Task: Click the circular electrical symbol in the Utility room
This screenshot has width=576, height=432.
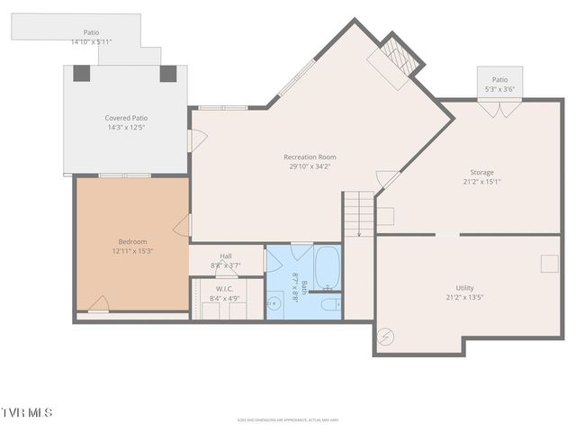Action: pos(387,336)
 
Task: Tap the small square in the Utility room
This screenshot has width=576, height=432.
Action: pos(548,263)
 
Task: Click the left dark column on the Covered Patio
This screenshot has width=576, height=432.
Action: pos(80,74)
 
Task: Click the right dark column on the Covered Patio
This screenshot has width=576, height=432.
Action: pos(168,74)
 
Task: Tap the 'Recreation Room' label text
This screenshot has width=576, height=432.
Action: pos(310,157)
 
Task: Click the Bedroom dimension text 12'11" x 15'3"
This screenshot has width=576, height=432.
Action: pos(132,251)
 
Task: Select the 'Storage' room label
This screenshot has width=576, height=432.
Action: pos(481,172)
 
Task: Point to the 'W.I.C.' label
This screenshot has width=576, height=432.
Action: pos(225,289)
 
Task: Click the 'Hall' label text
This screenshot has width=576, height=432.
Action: pos(226,256)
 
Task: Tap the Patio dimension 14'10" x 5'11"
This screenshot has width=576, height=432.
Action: pos(91,41)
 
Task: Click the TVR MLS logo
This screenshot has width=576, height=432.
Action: pos(27,412)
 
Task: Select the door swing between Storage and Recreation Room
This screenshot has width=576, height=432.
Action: pos(387,180)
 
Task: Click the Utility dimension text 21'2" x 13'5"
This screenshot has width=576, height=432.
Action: pos(464,297)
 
